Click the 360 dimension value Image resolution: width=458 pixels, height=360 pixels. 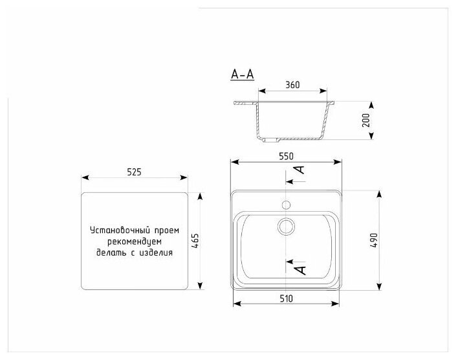pyautogui.click(x=292, y=85)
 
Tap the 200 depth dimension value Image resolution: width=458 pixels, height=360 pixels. pyautogui.click(x=365, y=120)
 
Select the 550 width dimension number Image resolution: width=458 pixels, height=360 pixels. pyautogui.click(x=286, y=157)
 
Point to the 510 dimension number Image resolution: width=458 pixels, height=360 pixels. pyautogui.click(x=286, y=298)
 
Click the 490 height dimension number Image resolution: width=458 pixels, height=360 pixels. pyautogui.click(x=374, y=241)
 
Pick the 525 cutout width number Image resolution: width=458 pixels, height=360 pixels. pyautogui.click(x=134, y=172)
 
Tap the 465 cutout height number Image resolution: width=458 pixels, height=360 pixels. pyautogui.click(x=195, y=241)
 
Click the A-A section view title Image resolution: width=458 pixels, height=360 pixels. pyautogui.click(x=243, y=74)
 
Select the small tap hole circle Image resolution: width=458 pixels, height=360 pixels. pyautogui.click(x=286, y=205)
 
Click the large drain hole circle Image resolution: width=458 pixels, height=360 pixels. pyautogui.click(x=286, y=227)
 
